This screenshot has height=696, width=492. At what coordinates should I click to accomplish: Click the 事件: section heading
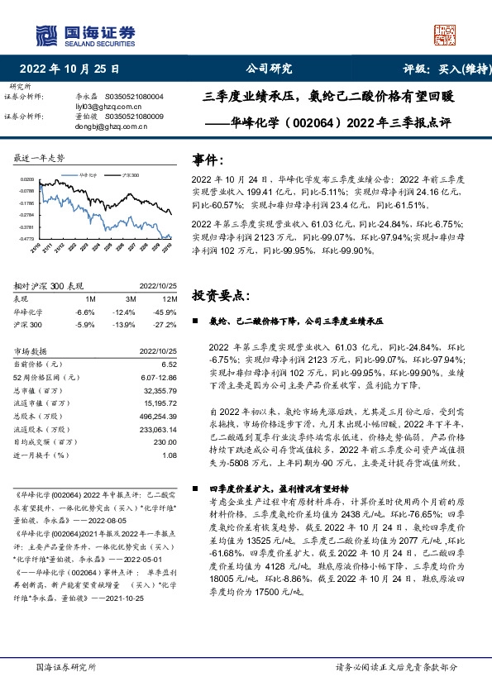coord(208,160)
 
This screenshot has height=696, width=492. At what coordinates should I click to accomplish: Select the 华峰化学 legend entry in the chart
coord(93,175)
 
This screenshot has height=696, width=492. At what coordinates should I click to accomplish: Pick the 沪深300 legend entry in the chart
coord(130,175)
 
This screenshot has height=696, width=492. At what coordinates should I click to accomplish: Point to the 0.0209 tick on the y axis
coord(27,179)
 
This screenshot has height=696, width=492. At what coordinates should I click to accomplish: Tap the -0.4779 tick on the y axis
coord(27,239)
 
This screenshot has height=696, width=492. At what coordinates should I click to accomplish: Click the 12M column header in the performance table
coord(170,298)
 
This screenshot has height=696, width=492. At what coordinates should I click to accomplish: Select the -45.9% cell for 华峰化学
coord(168,312)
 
